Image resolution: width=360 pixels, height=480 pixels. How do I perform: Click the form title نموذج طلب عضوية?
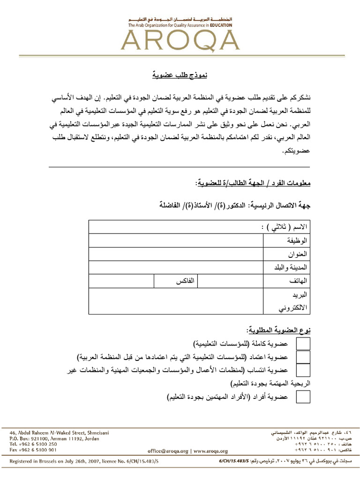click(x=180, y=75)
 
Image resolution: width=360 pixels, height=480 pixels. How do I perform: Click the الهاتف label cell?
click(x=299, y=281)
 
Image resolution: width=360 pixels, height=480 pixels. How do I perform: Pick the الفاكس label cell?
click(x=185, y=281)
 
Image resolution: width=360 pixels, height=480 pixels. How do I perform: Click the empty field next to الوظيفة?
click(x=176, y=240)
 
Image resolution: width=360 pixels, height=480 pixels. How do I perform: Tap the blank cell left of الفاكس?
click(x=121, y=281)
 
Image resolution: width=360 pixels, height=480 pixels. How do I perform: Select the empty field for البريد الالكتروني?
click(x=176, y=301)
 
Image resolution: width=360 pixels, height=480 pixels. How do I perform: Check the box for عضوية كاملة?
click(x=303, y=344)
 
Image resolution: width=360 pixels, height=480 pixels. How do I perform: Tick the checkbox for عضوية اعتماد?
click(x=303, y=357)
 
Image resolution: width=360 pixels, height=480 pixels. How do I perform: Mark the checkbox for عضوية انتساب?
click(x=303, y=370)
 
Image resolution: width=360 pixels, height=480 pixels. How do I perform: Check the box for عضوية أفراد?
click(x=303, y=397)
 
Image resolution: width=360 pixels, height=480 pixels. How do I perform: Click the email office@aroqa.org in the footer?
click(x=168, y=451)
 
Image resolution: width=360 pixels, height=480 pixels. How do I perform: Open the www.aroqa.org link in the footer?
click(x=210, y=451)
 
